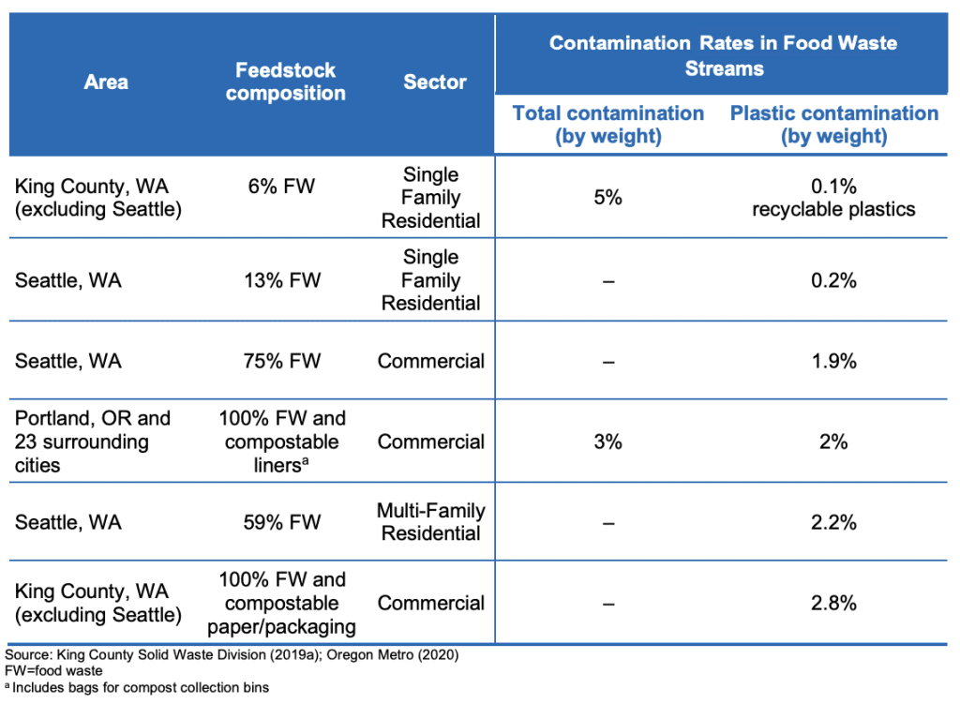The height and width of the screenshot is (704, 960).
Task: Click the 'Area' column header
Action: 106,82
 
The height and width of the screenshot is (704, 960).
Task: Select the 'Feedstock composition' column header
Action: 285,82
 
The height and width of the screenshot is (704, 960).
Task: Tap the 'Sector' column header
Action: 434,82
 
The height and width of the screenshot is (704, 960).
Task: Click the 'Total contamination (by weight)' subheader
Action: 607,125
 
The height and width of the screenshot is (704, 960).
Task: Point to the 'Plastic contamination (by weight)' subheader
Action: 833,125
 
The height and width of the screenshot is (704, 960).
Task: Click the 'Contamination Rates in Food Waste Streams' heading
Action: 723,55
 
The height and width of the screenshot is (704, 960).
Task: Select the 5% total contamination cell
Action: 607,197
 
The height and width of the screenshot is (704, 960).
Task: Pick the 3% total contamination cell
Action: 607,442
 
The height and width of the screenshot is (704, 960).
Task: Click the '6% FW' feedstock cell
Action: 285,186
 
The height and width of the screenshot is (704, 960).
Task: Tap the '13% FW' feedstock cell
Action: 285,279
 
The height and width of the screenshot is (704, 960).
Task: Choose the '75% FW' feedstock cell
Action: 285,361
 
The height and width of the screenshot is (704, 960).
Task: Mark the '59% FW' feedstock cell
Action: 285,522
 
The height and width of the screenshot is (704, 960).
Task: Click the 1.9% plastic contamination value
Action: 833,361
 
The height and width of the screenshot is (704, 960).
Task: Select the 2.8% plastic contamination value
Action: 833,603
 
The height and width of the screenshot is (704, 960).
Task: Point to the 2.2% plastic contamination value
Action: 833,522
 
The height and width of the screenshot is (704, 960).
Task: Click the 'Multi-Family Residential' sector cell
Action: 430,522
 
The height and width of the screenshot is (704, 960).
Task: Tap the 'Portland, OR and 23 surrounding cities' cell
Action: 92,442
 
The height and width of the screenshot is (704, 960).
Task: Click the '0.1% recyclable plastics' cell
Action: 833,197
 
